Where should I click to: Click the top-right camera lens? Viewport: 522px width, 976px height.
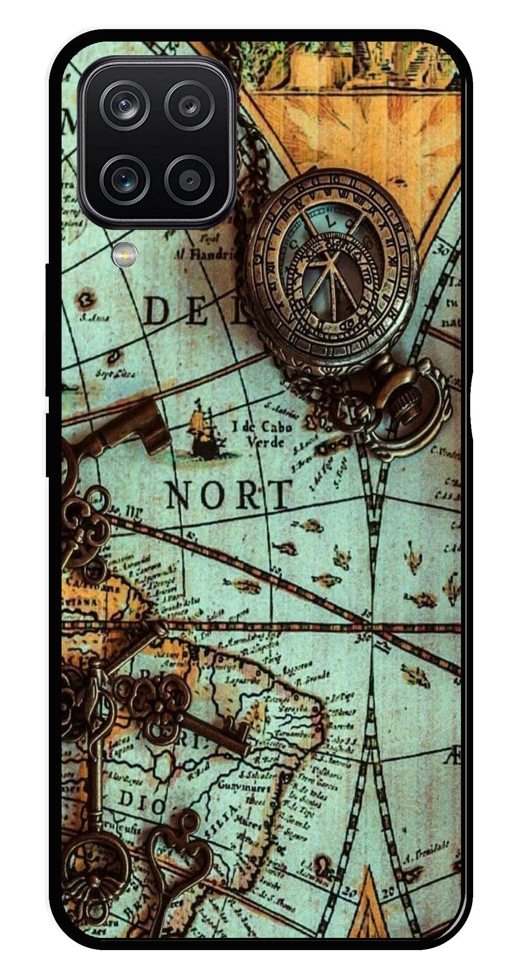pos(189,105)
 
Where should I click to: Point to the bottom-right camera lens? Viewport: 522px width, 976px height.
pos(189,179)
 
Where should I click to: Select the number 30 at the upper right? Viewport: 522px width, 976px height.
pos(444,251)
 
